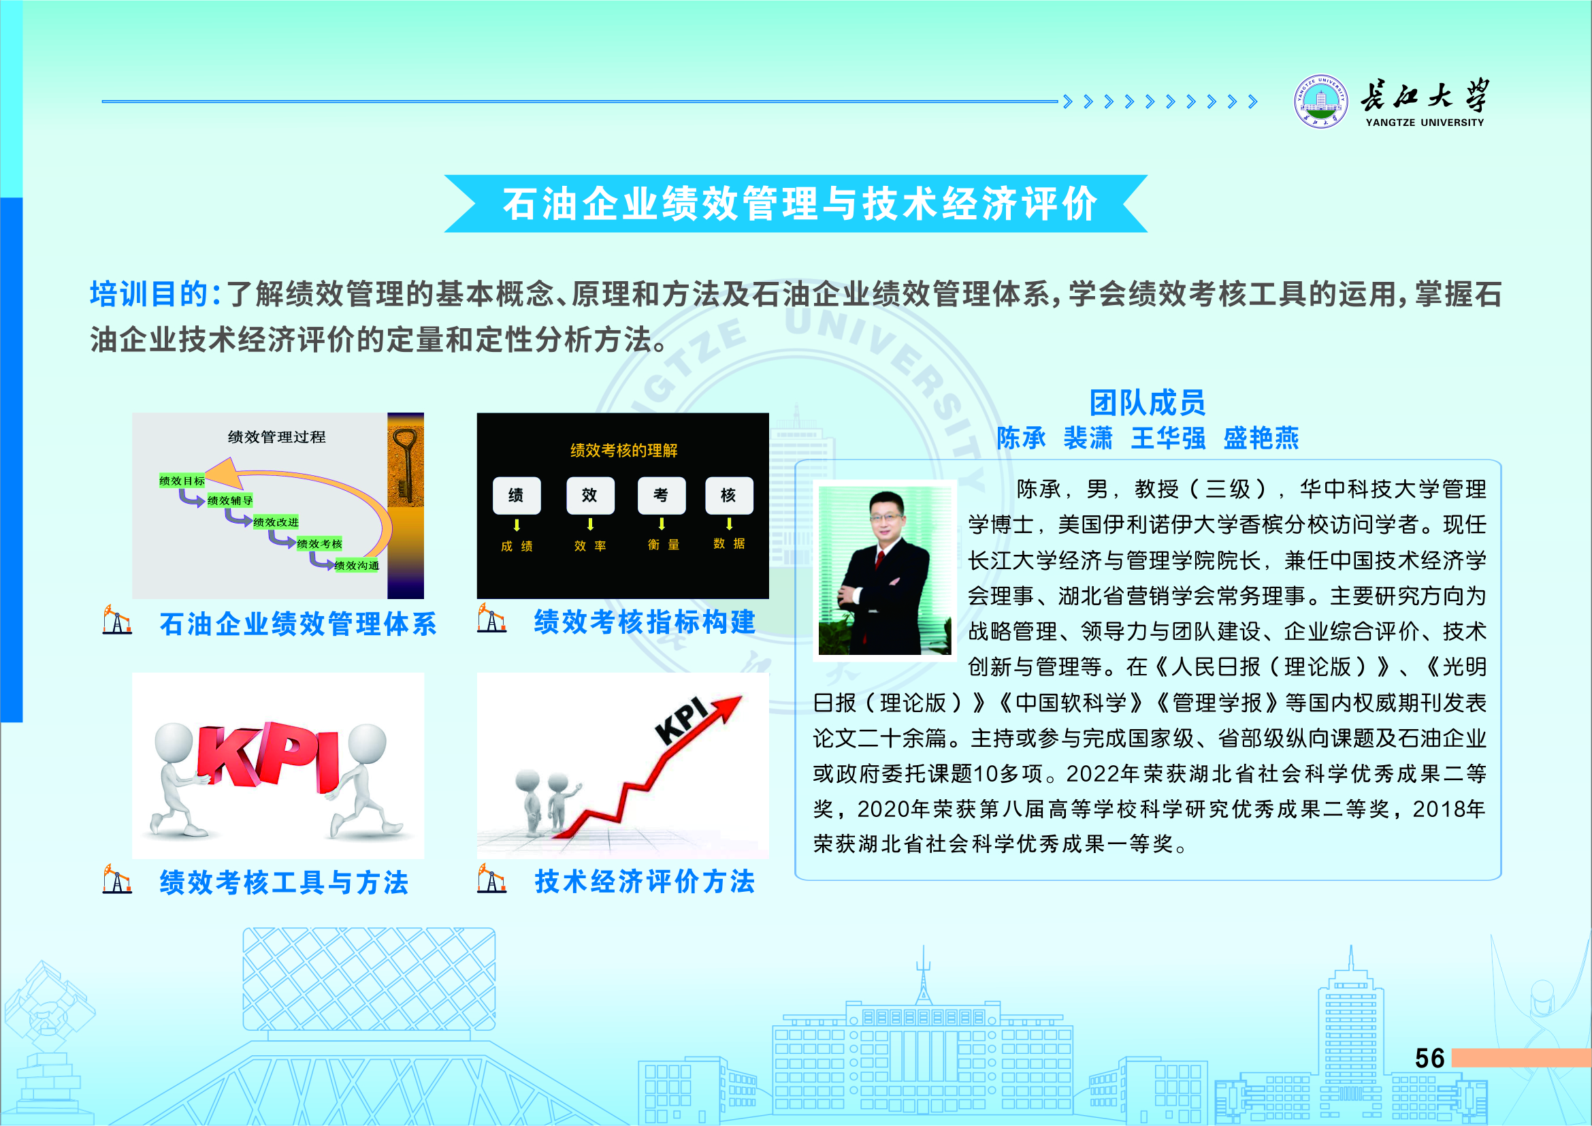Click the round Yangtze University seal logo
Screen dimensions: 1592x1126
(x=1321, y=102)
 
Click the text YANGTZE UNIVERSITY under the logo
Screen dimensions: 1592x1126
(x=1425, y=123)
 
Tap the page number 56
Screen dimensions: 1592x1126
(x=1430, y=1058)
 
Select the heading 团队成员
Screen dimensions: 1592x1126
(x=1148, y=402)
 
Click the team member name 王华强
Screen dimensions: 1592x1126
(x=1169, y=438)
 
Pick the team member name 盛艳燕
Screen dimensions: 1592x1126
(x=1261, y=438)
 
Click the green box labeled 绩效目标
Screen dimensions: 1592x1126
(x=182, y=481)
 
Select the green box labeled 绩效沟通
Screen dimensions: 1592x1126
(x=357, y=566)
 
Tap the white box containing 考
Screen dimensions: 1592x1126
(x=662, y=495)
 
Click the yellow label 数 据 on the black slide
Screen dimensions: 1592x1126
(x=729, y=543)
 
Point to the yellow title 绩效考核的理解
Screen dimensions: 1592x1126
(x=623, y=451)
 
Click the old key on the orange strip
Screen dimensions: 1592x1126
(x=405, y=464)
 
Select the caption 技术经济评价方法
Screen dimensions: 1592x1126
(x=644, y=881)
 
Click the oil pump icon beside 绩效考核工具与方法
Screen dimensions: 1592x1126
(x=116, y=880)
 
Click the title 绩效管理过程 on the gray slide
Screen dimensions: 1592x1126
(x=276, y=437)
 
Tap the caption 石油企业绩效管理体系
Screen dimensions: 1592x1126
(x=298, y=624)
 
